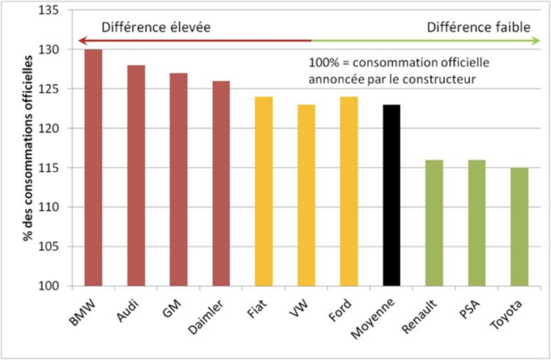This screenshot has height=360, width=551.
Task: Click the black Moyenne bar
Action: (391, 195)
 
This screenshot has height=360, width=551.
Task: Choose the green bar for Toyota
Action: (519, 226)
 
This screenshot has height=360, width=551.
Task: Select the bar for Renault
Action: (434, 223)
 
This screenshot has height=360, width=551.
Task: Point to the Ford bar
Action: (348, 191)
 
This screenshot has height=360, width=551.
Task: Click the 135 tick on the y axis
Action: (49, 11)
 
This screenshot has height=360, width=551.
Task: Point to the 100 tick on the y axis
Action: (49, 286)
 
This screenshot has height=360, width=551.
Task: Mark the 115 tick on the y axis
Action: (49, 168)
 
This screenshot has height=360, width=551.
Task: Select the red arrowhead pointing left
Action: (79, 41)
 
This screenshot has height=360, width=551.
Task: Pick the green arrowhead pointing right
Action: (536, 41)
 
